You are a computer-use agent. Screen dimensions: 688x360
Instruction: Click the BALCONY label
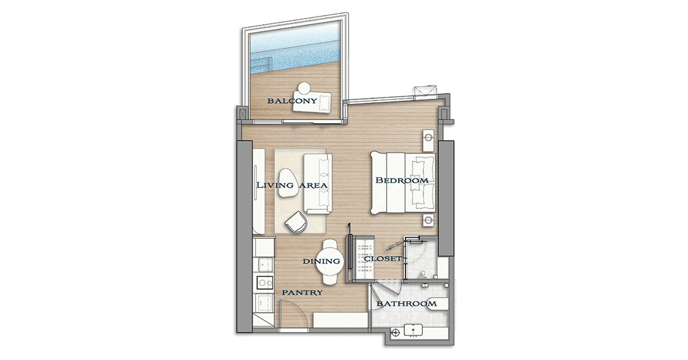point(292,100)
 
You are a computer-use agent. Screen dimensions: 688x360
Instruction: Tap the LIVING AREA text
point(292,185)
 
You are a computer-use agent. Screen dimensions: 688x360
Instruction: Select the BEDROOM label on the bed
point(402,180)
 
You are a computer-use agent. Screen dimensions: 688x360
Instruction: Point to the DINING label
point(321,261)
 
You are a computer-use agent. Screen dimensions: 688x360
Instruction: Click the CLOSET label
point(383,259)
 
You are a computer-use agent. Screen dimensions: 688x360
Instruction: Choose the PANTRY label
point(302,293)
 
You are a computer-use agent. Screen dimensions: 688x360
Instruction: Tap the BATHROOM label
point(407,304)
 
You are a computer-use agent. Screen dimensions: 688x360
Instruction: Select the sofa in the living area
point(318,183)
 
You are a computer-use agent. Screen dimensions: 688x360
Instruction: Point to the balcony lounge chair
point(312,102)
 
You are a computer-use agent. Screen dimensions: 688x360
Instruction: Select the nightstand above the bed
point(428,140)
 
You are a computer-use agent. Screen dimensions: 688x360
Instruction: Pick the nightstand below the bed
point(428,221)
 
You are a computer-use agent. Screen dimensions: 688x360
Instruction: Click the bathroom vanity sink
point(413,331)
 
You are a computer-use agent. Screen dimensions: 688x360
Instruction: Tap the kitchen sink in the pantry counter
point(266,265)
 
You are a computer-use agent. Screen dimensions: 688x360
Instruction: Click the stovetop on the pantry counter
point(265,282)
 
